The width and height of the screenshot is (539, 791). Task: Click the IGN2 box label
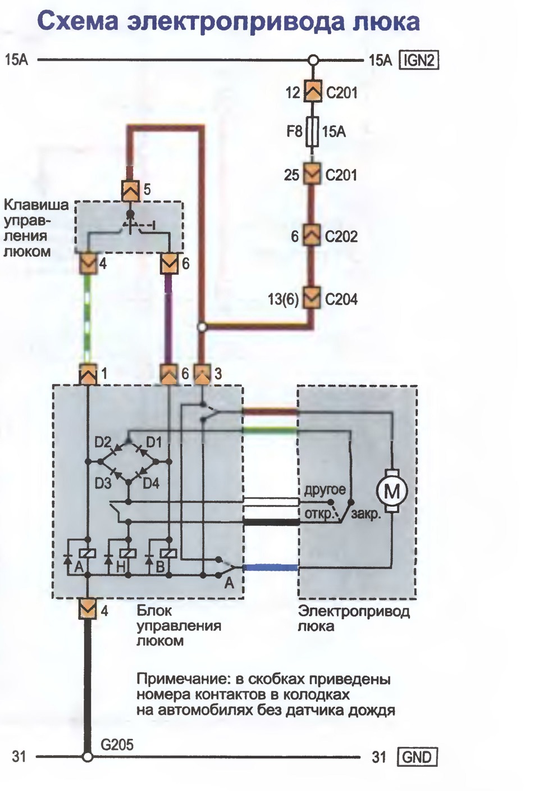419,60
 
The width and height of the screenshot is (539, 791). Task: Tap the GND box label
417,757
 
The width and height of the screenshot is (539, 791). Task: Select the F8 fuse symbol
312,131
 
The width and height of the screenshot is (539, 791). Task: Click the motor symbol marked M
391,490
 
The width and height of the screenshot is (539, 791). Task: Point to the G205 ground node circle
87,757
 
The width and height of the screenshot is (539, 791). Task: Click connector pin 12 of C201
313,92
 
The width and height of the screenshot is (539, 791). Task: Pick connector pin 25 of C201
312,174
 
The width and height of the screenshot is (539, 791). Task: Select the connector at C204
312,298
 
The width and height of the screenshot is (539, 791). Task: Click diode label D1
154,442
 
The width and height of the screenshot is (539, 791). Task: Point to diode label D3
103,484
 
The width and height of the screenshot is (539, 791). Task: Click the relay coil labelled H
128,554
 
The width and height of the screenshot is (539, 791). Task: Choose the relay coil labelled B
169,554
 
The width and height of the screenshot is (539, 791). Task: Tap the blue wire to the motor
271,568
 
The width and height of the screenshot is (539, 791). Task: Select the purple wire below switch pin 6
169,320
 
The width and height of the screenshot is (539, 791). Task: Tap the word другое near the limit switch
325,490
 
